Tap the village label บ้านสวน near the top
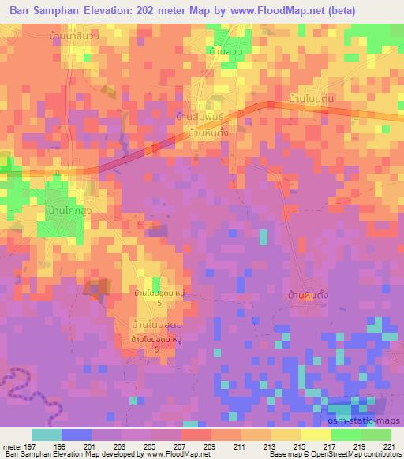[225, 51]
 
